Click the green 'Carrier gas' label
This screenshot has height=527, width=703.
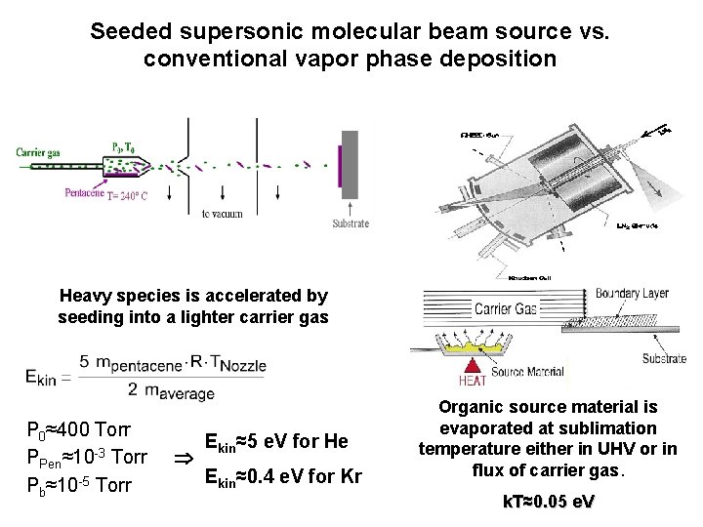[x=41, y=151]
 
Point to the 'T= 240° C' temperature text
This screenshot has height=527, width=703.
[x=128, y=195]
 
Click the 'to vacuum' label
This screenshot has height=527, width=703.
[x=223, y=213]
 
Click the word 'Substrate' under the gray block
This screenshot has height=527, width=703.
[x=351, y=223]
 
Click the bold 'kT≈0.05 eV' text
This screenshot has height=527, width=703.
[x=547, y=502]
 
